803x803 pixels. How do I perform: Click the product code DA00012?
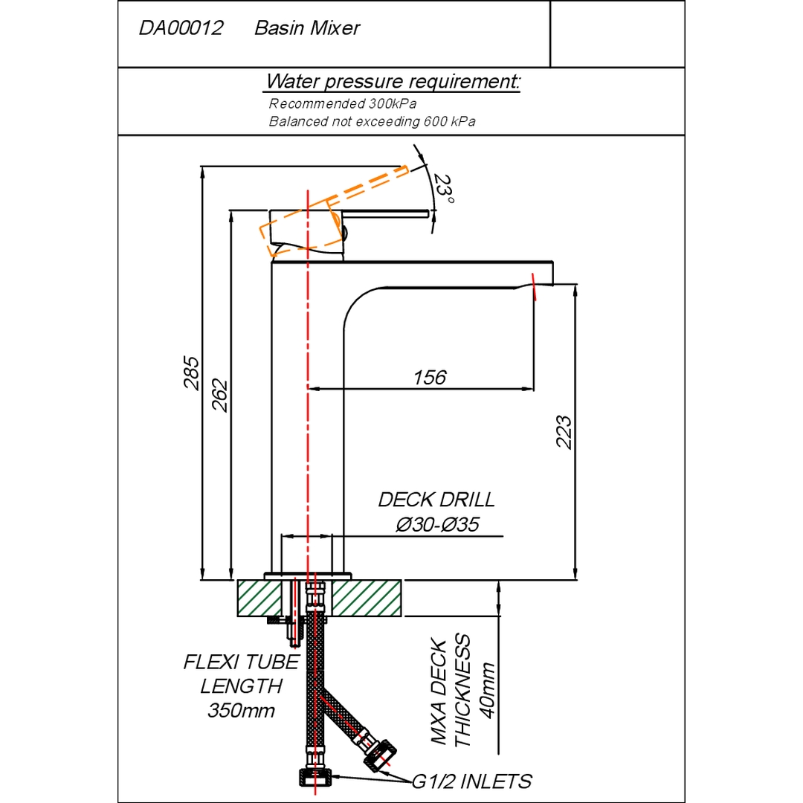point(181,29)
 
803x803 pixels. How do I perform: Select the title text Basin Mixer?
point(307,29)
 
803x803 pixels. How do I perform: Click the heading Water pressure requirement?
point(393,81)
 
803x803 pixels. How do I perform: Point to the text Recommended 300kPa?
point(343,104)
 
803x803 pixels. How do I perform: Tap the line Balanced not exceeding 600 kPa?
point(372,121)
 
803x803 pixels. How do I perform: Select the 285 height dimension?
point(192,372)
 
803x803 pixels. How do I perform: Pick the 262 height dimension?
point(220,395)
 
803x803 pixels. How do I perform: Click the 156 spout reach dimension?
point(430,378)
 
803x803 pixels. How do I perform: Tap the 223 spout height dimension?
point(564,431)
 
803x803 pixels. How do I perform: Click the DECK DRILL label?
point(436,500)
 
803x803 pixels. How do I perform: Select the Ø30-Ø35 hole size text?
point(436,525)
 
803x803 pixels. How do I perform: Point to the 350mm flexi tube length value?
point(241,711)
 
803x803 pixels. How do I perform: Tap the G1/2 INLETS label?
point(472,781)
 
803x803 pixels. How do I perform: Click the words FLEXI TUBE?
point(241,662)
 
